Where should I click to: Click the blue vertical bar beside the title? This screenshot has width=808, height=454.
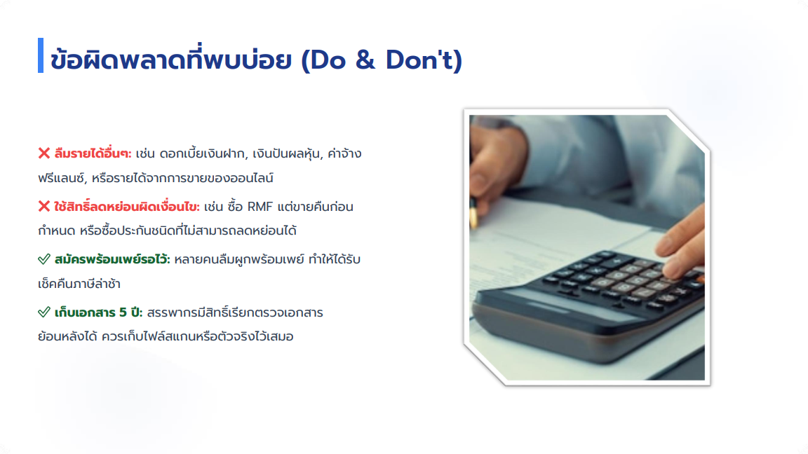click(x=41, y=55)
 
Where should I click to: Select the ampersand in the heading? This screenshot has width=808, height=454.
click(x=365, y=60)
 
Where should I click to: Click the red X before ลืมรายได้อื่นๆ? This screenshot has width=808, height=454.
click(x=43, y=153)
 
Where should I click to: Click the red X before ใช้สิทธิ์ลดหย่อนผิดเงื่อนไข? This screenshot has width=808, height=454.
click(x=43, y=207)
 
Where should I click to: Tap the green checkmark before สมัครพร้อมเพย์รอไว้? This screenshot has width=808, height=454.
click(x=44, y=259)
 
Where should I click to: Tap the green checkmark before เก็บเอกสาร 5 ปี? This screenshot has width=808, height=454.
click(x=44, y=312)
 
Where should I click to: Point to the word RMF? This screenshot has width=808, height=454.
click(x=260, y=207)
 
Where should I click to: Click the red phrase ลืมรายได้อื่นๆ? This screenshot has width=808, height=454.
click(x=93, y=153)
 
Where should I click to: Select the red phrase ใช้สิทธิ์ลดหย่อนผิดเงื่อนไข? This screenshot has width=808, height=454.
click(x=127, y=207)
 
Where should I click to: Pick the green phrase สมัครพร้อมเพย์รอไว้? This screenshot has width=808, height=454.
click(x=112, y=259)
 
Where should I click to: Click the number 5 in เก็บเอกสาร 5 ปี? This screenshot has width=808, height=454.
click(x=123, y=312)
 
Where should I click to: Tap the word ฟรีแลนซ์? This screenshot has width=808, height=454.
click(x=62, y=178)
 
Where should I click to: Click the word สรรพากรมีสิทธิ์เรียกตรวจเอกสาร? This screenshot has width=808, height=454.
click(x=235, y=312)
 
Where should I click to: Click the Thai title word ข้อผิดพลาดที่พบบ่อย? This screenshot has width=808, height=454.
click(x=172, y=59)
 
